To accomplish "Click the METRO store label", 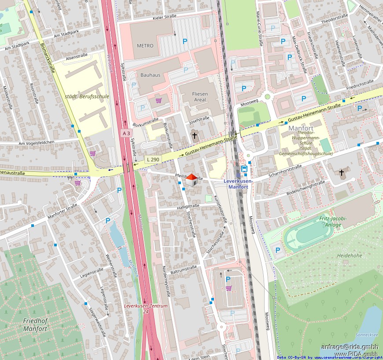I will [x=145, y=45].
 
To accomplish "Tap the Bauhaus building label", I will [x=151, y=75].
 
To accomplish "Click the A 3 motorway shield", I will [x=126, y=133].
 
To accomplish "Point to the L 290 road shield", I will [x=152, y=159].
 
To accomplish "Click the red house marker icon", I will [x=191, y=180].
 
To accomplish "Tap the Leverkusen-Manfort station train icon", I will [x=244, y=169].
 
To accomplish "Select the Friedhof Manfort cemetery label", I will [x=35, y=324].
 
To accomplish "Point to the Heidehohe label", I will [x=349, y=256].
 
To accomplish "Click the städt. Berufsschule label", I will [x=87, y=96].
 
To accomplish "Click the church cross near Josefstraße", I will [x=195, y=135].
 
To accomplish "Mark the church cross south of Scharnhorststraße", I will [x=341, y=173].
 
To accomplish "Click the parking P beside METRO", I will [x=185, y=41].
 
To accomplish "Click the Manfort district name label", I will [x=301, y=128].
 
